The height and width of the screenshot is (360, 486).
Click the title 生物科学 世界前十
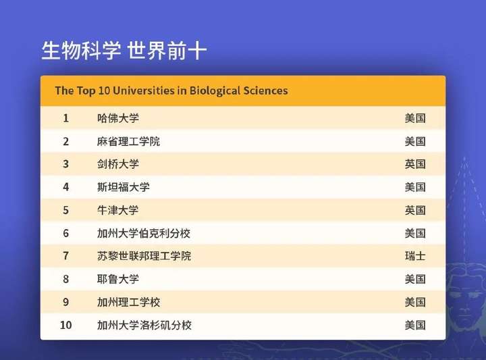(124, 50)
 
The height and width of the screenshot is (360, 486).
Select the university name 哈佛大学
(118, 118)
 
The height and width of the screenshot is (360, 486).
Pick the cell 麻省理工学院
(129, 141)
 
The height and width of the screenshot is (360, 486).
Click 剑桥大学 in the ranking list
(118, 164)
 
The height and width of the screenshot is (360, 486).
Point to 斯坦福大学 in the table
(124, 187)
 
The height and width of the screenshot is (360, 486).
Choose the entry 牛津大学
(118, 210)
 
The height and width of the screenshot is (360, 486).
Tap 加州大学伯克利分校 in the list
(144, 233)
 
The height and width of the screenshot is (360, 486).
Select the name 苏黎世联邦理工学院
(144, 256)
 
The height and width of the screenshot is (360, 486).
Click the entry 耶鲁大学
(118, 279)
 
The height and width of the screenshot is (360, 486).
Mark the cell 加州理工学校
(129, 302)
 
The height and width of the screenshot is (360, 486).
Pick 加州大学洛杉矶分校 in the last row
(144, 325)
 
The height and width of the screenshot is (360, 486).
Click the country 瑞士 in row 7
(415, 256)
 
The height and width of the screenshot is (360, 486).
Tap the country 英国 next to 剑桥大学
(415, 164)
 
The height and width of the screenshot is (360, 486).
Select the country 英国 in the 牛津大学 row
(415, 210)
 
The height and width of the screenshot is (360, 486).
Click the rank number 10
(65, 325)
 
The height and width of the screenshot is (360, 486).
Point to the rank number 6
(65, 233)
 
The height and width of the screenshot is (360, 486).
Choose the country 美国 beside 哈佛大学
(415, 118)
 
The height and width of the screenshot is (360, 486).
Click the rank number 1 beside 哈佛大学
(65, 118)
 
